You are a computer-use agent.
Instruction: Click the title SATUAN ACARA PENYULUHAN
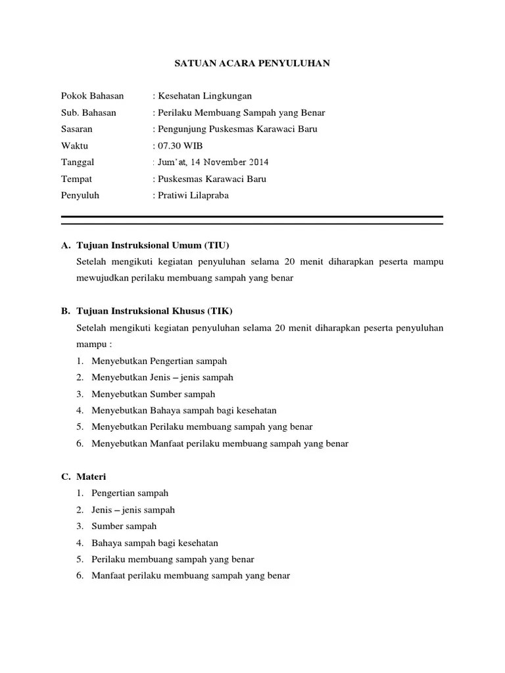[252, 64]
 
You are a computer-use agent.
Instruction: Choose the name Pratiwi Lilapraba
[192, 195]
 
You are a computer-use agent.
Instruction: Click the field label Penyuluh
[80, 195]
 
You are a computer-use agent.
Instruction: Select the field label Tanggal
[78, 162]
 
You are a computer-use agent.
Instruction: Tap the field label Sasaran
[77, 129]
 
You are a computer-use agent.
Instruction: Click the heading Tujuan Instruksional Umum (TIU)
[153, 245]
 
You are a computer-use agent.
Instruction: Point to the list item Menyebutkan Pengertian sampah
[159, 361]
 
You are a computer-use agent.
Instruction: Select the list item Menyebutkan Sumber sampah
[153, 394]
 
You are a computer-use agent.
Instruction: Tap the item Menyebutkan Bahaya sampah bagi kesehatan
[184, 410]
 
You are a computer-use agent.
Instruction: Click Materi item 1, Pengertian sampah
[130, 493]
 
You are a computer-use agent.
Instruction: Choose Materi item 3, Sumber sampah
[124, 526]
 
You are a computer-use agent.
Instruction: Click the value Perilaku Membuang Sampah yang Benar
[240, 112]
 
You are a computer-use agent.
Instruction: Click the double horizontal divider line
[252, 220]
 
